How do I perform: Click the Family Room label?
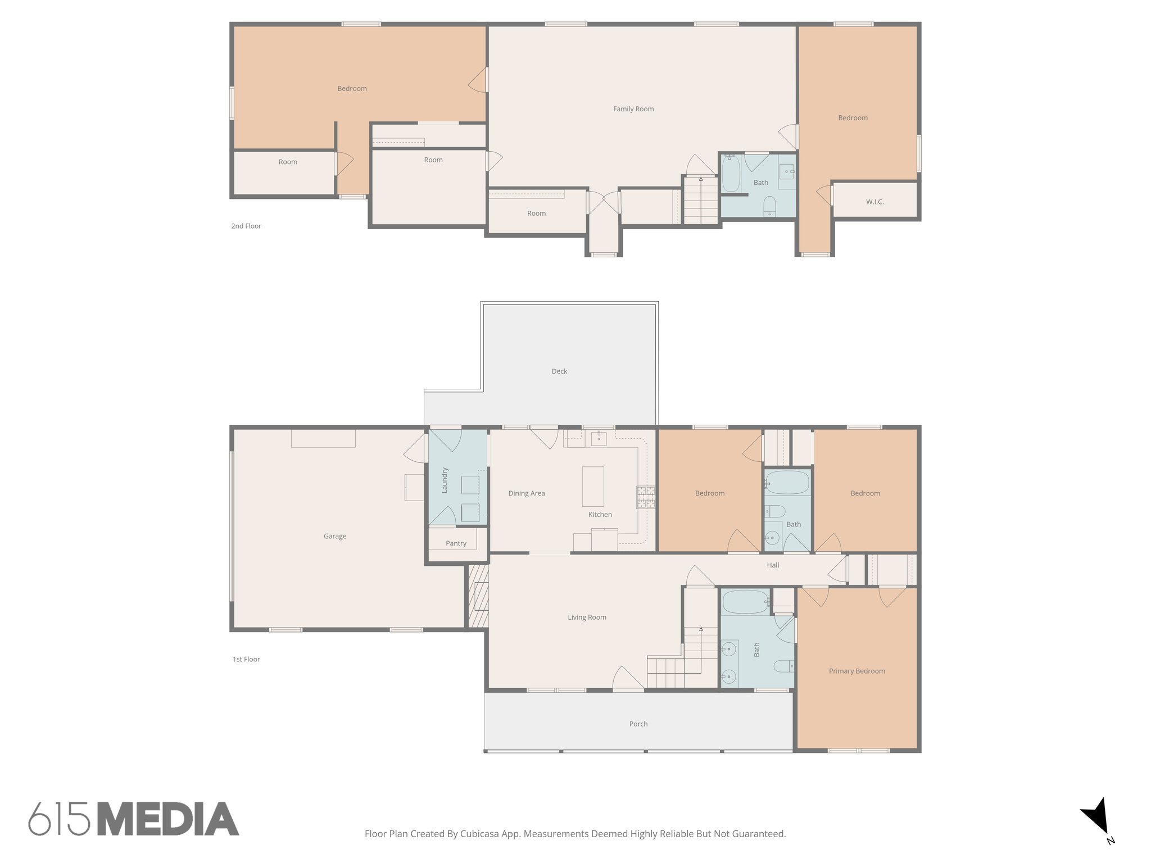click(x=633, y=109)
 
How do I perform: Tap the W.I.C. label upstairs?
click(x=874, y=202)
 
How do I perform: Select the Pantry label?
click(x=456, y=543)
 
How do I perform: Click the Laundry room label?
click(x=445, y=480)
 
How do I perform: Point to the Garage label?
click(x=334, y=536)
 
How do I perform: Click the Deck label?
click(x=559, y=371)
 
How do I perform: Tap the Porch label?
click(x=638, y=724)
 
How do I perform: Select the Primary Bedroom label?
click(x=857, y=671)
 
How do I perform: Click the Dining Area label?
click(x=526, y=493)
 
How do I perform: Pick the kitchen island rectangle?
click(x=593, y=487)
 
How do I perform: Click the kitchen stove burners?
click(x=645, y=497)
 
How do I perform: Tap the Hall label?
click(x=773, y=565)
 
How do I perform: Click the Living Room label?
click(x=587, y=617)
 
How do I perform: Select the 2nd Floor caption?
click(x=246, y=226)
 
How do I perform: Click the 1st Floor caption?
click(x=246, y=659)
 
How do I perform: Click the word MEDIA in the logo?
click(x=168, y=819)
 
